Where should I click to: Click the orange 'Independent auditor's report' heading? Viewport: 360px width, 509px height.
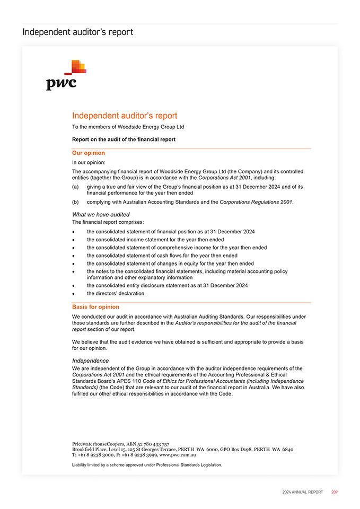click(x=125, y=116)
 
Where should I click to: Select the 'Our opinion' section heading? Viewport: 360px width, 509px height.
click(x=88, y=153)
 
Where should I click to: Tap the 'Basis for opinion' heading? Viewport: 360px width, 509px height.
click(x=95, y=307)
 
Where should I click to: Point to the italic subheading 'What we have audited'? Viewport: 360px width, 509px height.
click(x=101, y=215)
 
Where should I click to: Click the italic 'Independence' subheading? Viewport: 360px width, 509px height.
click(x=90, y=361)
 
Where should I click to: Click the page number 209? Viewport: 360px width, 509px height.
click(x=334, y=492)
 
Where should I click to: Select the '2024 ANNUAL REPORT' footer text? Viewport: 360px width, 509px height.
click(x=302, y=492)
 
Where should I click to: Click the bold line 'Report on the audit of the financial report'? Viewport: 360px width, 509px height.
click(x=124, y=139)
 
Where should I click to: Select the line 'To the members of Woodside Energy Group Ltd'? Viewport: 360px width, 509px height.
click(x=128, y=127)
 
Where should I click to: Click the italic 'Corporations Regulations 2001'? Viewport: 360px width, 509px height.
click(x=256, y=202)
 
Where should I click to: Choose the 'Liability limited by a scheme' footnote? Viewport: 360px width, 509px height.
click(x=147, y=465)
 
